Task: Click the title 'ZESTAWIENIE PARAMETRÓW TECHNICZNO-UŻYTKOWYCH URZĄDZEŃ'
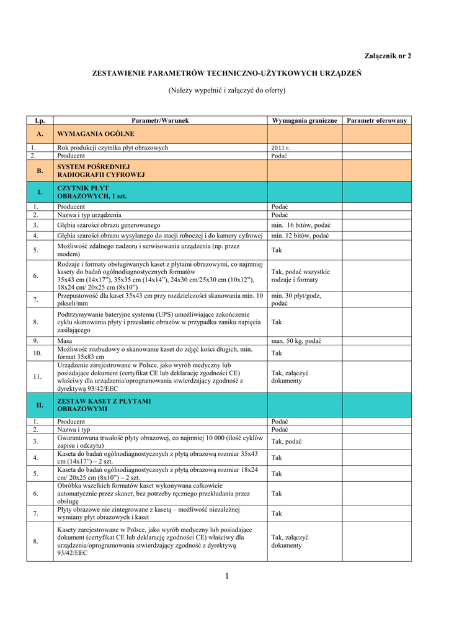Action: tap(227, 73)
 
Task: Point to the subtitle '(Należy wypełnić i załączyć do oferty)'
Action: tap(227, 91)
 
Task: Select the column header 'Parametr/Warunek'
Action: tap(160, 120)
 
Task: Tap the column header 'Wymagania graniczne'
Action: tap(305, 120)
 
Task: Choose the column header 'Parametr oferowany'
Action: tap(376, 120)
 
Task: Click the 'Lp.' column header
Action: tap(40, 120)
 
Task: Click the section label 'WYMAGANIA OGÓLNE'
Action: tap(96, 133)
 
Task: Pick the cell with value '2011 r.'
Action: tap(281, 148)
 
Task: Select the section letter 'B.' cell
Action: tap(40, 171)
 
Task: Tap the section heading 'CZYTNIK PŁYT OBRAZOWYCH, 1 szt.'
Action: tap(91, 192)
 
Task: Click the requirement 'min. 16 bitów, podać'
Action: tap(301, 225)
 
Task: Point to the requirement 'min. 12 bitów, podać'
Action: tap(301, 236)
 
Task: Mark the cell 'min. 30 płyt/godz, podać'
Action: tap(296, 300)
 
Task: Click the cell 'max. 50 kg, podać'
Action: tap(296, 340)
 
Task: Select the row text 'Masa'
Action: tap(64, 340)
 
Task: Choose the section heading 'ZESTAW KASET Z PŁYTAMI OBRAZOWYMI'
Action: tap(104, 405)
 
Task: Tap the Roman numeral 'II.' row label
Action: tap(40, 405)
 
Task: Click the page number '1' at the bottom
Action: tap(227, 577)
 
